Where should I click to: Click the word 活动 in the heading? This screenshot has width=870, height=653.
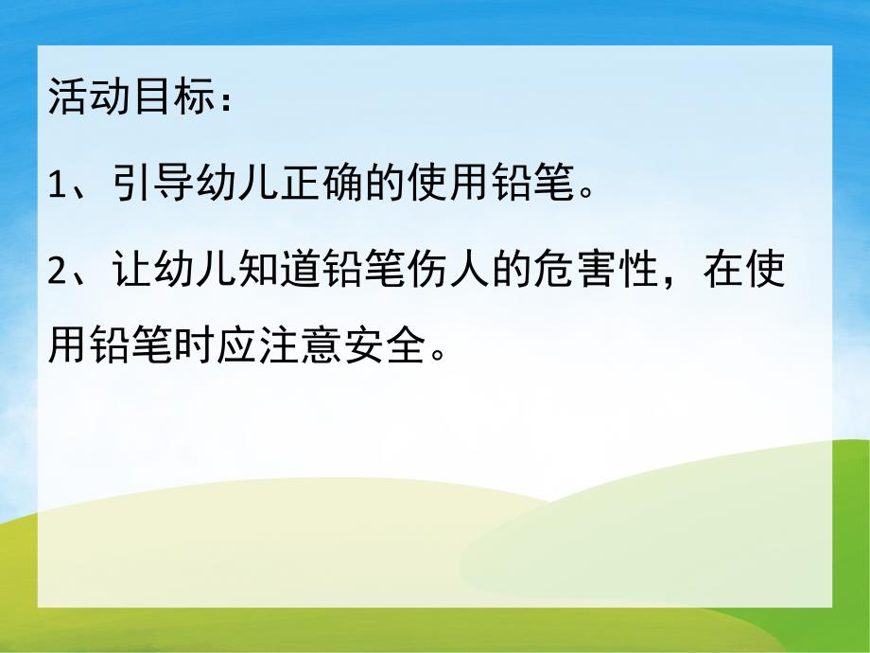pyautogui.click(x=88, y=97)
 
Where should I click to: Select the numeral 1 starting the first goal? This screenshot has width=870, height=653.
pyautogui.click(x=55, y=185)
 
